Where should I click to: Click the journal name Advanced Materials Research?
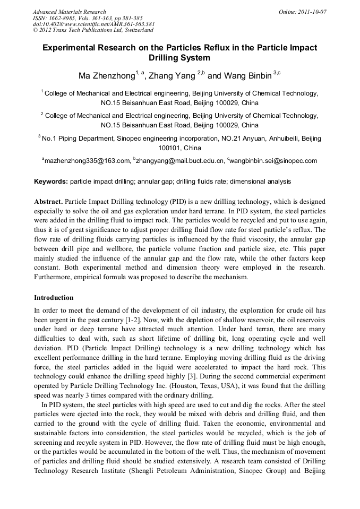pos(69,12)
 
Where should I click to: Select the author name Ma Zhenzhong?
pos(106,76)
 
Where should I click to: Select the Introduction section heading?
pos(54,297)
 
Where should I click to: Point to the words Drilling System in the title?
pos(180,58)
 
